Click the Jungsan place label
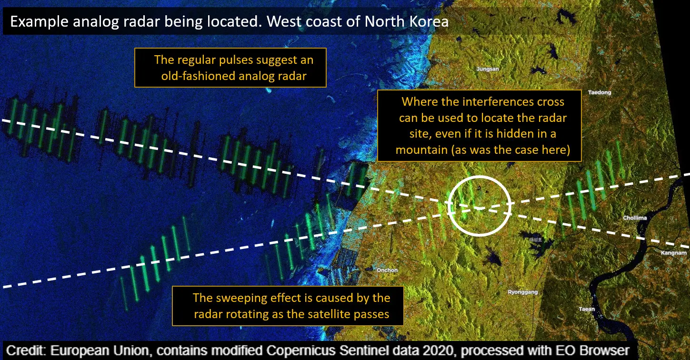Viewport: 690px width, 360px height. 488,69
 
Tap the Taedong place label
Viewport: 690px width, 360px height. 600,92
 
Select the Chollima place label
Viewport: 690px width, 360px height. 635,218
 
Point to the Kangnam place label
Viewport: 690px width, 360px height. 674,253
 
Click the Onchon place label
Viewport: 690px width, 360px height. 387,270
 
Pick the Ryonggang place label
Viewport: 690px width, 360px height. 523,292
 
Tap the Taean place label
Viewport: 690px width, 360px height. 587,309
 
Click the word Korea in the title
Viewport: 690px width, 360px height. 429,21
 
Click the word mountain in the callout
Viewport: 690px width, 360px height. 422,150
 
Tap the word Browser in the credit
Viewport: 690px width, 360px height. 603,351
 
